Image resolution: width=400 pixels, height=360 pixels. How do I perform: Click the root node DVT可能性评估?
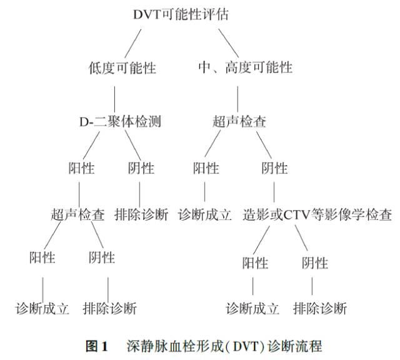coord(181,14)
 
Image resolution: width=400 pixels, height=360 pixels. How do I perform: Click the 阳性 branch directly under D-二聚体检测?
coord(81,168)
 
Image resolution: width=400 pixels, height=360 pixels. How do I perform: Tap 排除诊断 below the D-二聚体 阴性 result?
coord(141,214)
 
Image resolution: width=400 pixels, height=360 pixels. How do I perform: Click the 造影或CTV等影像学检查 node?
coord(318,214)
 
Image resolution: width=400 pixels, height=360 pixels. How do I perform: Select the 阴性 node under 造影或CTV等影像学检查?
coord(314,263)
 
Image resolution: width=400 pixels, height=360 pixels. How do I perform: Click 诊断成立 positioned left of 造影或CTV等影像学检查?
coord(205,214)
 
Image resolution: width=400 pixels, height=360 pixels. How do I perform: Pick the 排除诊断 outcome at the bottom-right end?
coord(319,308)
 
